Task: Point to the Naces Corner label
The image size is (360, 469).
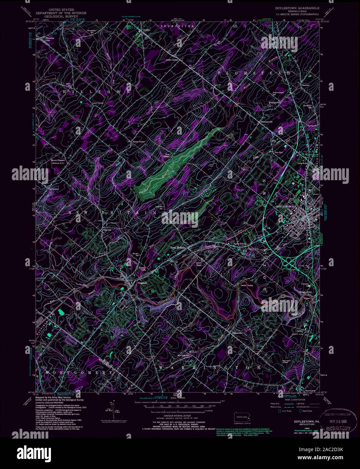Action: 139,142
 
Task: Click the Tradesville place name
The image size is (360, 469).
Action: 238,333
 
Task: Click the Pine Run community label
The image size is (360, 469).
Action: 278,153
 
